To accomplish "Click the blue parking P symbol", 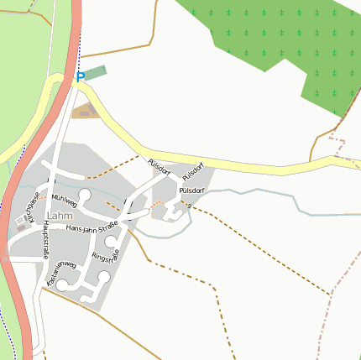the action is [x=81, y=77].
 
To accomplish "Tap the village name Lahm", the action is [x=60, y=216].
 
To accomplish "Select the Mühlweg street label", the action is [x=64, y=201].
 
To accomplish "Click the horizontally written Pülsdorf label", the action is [x=191, y=190].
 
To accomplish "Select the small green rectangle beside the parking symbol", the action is [x=97, y=72].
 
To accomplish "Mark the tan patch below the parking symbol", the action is [x=85, y=111].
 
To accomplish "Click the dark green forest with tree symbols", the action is [x=277, y=42].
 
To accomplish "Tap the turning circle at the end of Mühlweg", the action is [x=84, y=195].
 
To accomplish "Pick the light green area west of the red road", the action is [x=25, y=76].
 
